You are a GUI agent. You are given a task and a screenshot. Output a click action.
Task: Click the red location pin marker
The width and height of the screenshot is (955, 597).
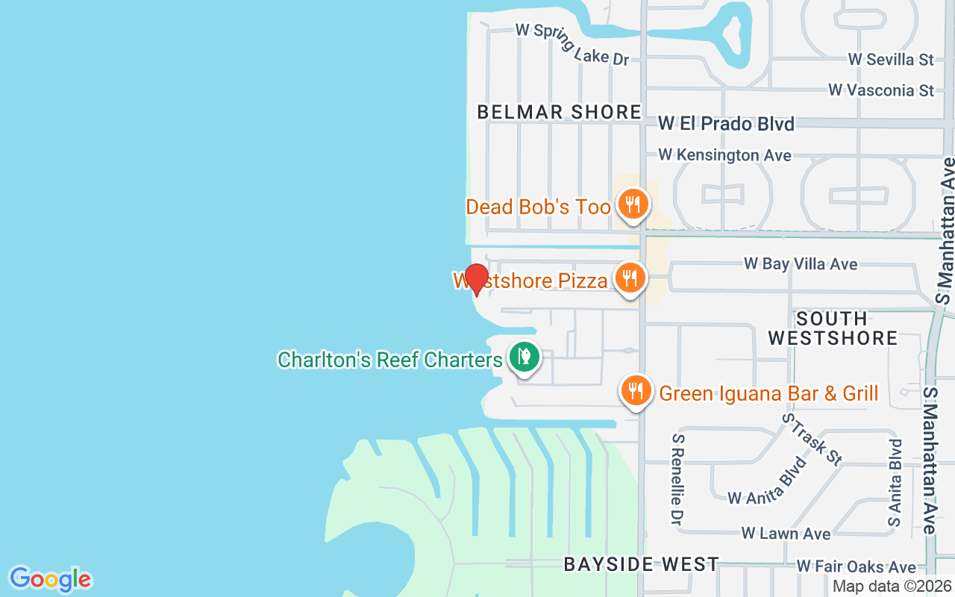476,278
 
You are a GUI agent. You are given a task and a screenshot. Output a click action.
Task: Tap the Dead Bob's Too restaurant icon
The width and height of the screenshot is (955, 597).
633,204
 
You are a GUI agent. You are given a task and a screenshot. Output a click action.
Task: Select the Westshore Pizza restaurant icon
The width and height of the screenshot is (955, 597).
630,279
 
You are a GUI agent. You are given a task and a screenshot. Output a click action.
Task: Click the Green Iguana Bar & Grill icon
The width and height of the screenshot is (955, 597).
636,390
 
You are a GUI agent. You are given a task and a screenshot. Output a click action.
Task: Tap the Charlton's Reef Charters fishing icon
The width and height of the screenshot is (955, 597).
525,357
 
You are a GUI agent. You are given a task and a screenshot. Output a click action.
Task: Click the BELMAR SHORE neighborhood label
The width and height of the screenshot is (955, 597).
560,112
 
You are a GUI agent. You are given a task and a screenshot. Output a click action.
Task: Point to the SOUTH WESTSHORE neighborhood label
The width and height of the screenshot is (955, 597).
833,328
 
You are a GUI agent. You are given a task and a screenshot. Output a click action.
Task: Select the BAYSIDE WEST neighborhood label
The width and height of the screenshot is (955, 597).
641,564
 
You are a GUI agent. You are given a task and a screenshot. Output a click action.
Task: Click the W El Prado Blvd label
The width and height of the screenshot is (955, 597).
726,124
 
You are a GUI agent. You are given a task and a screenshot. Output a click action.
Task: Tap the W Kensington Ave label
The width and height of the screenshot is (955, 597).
724,155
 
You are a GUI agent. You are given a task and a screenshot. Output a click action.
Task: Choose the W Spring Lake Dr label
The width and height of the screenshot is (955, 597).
573,44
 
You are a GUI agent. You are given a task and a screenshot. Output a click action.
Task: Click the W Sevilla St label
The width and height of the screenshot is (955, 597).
891,59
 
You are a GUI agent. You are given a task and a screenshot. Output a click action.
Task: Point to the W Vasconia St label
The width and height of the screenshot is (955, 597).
881,90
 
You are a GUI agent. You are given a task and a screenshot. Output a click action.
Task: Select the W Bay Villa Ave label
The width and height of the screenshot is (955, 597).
801,264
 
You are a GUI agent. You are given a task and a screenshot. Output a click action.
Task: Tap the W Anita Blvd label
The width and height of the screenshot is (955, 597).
768,481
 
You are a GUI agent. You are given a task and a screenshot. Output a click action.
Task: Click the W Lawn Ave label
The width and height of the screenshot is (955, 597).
786,534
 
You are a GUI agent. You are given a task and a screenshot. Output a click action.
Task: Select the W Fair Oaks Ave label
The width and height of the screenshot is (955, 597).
856,568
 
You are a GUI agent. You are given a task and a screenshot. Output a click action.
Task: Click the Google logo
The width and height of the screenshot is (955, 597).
50,579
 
